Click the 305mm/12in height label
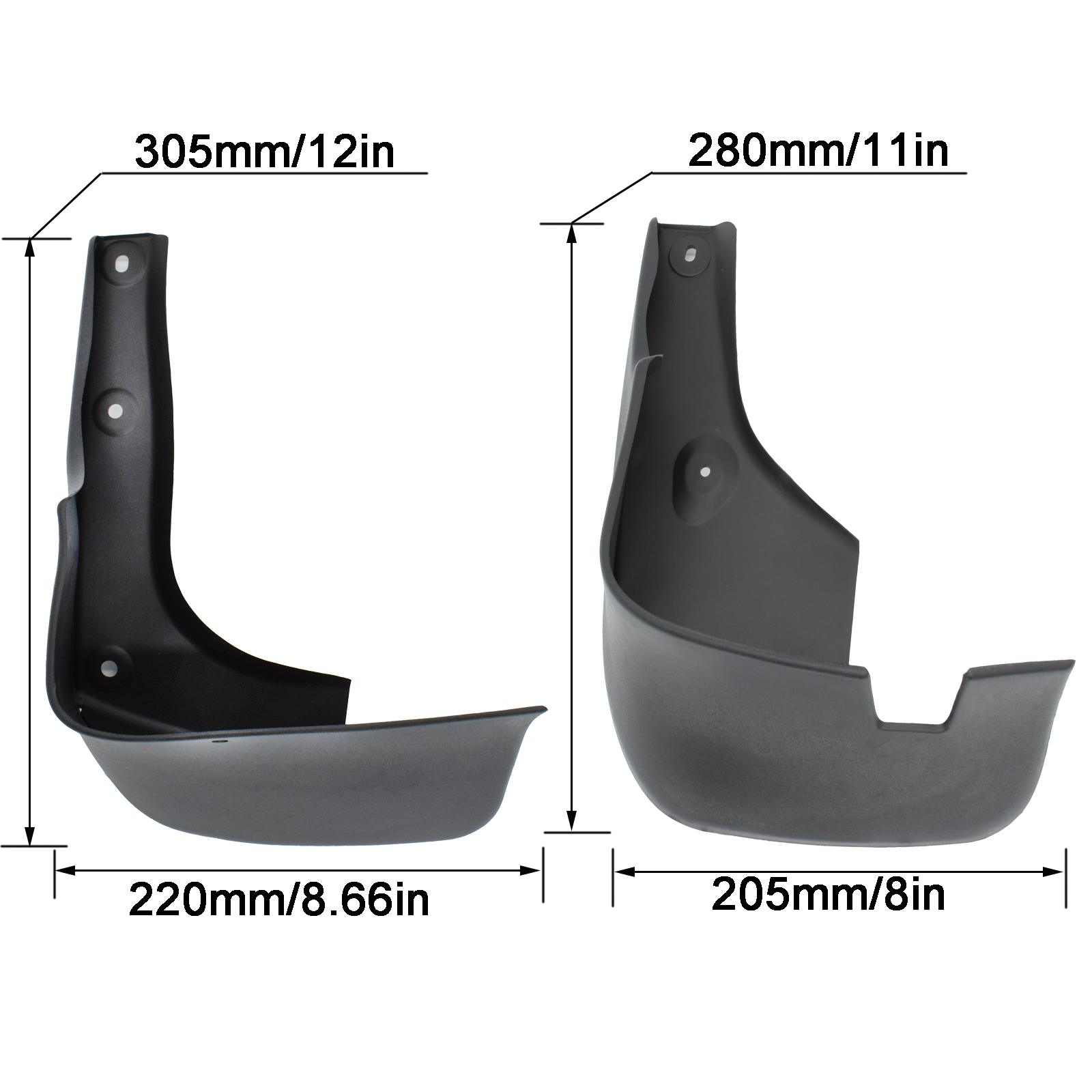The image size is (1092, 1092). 265,152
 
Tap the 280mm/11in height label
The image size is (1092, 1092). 818,150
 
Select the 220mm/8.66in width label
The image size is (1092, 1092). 279,899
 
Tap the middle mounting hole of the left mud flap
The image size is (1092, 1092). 115,412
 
